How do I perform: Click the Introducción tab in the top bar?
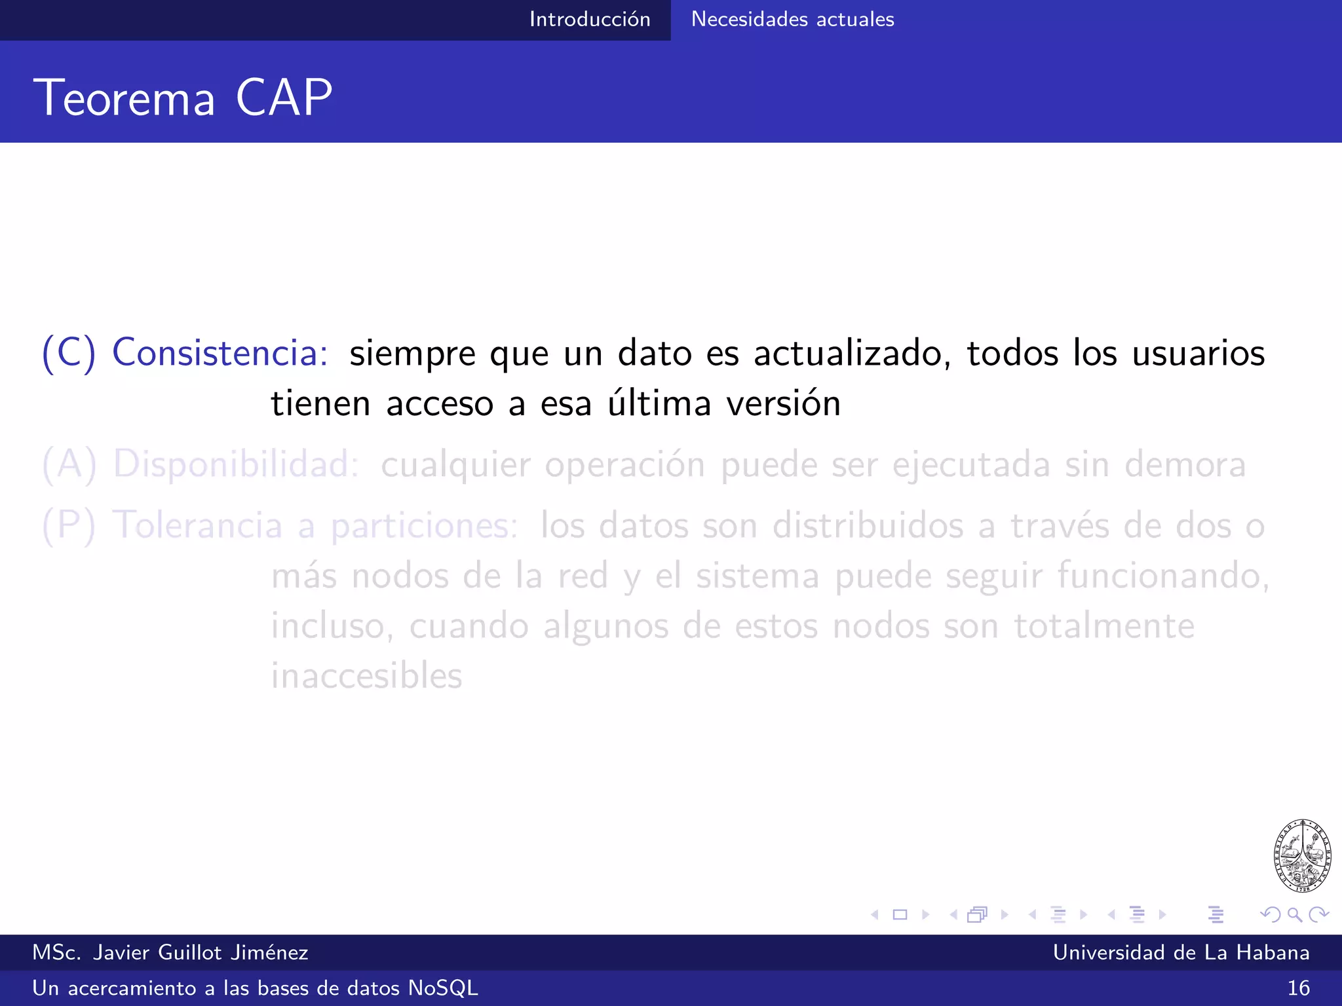(589, 20)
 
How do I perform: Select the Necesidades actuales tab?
(792, 20)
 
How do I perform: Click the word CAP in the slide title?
(284, 98)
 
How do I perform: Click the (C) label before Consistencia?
(69, 352)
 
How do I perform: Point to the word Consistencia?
(220, 352)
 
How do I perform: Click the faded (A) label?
(69, 464)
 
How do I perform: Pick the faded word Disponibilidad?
(236, 464)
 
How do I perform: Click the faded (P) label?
(69, 525)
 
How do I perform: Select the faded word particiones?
(424, 527)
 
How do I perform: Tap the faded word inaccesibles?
(367, 676)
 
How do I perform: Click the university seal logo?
(1302, 855)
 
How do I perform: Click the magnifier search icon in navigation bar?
(1294, 914)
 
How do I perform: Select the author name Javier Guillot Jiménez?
(201, 953)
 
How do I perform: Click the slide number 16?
(1298, 988)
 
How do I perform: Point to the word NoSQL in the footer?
(443, 988)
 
